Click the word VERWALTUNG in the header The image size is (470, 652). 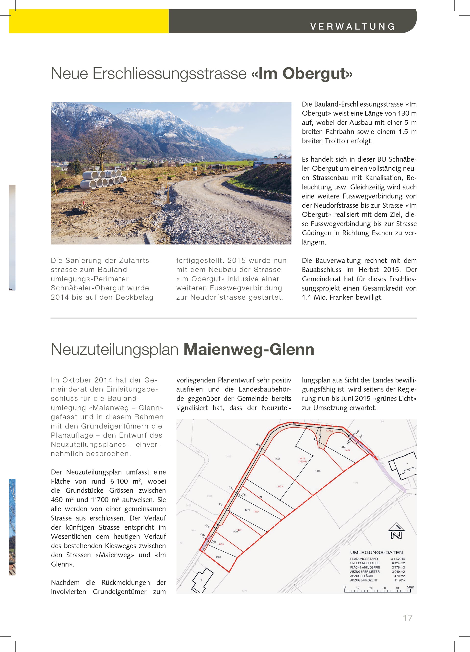pos(353,27)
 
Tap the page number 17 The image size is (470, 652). pos(408,617)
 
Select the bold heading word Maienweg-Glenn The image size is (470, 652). pos(249,350)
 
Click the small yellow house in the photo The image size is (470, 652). pos(196,168)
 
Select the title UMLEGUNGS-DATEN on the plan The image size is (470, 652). pos(376,553)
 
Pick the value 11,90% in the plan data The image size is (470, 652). pos(399,580)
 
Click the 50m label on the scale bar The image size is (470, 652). pos(410,587)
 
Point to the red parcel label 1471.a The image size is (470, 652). pos(329,431)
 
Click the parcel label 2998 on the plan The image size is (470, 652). pos(219,557)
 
